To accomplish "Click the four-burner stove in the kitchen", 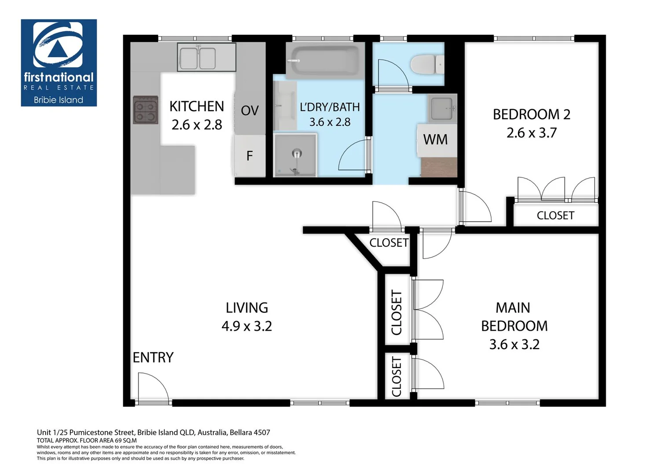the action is [146, 110].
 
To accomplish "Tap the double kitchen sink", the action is [206, 57].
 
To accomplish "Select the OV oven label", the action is [250, 111].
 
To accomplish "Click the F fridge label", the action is [249, 156].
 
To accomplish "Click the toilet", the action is [427, 65].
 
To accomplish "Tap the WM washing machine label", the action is [435, 139].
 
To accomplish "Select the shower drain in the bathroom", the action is [297, 153].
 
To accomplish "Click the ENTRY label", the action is [153, 358].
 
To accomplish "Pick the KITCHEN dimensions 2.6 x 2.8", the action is [197, 125].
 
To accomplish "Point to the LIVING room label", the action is [247, 308].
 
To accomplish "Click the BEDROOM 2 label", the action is [532, 114].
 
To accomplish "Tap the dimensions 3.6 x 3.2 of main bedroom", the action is [514, 344].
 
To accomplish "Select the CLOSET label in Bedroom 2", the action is [555, 216].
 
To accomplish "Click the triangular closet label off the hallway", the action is [389, 243].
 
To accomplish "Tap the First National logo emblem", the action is [58, 44].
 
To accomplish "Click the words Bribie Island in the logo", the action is [59, 100].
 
